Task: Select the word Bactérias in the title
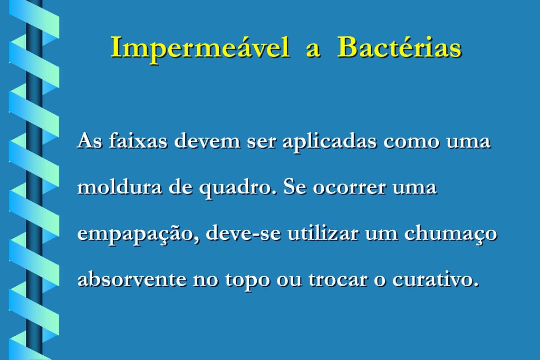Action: (399, 47)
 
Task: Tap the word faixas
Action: (138, 141)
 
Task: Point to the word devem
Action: (207, 141)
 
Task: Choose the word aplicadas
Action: (330, 142)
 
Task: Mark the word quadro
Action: (238, 188)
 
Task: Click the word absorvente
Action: (132, 278)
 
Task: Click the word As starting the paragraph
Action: (90, 141)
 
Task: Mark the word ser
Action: (262, 143)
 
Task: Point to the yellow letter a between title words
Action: (313, 50)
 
